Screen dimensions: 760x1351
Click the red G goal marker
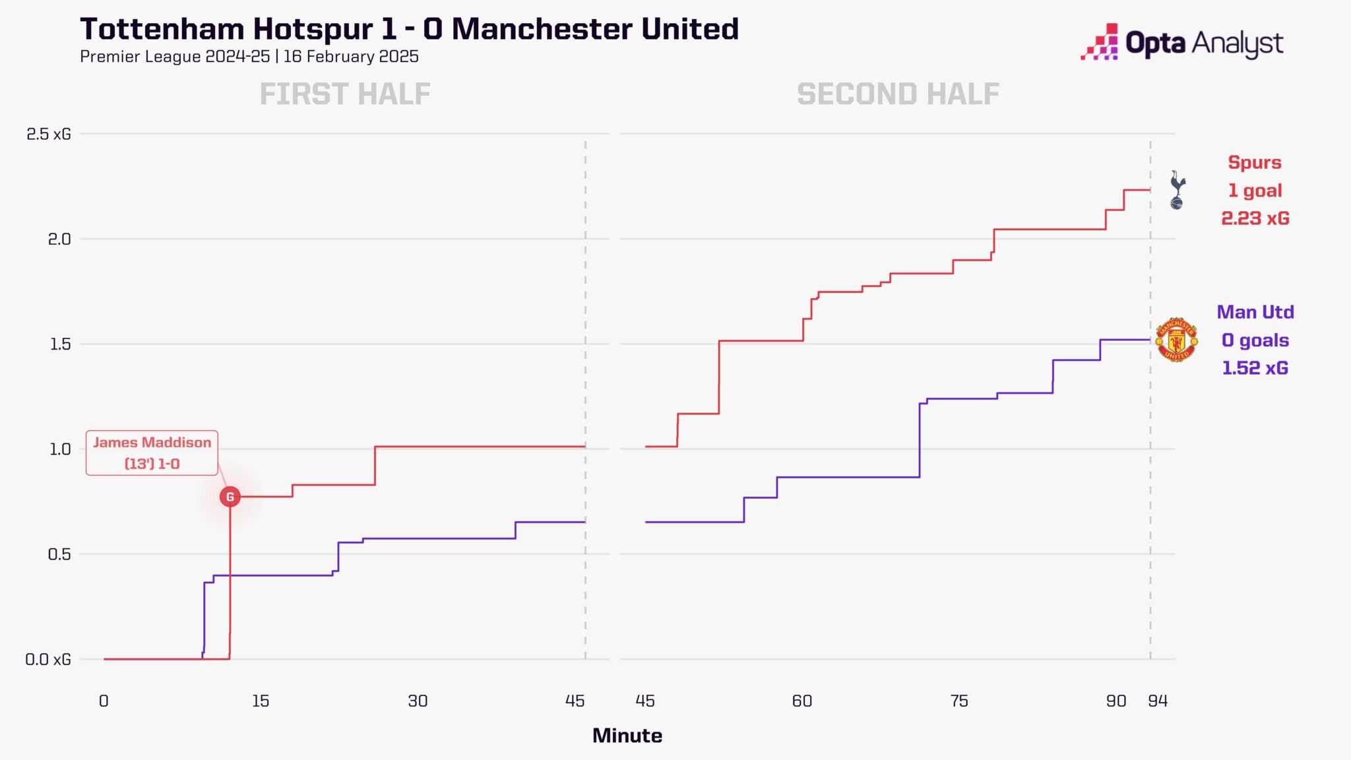(230, 497)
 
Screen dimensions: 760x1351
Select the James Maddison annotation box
(152, 453)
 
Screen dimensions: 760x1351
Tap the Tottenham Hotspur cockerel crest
(1177, 190)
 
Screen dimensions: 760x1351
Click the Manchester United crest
(1176, 340)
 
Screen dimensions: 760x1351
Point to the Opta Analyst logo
(1181, 43)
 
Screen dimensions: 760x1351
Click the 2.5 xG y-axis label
(48, 134)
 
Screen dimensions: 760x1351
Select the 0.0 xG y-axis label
(47, 659)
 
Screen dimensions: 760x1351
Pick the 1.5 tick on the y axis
(60, 344)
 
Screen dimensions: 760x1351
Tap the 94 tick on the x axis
(1158, 701)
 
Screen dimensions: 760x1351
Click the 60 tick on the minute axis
(801, 701)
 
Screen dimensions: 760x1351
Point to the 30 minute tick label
(418, 701)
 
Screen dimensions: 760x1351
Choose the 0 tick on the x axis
(104, 701)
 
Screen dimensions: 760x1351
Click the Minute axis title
(627, 736)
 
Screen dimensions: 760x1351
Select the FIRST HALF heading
(345, 94)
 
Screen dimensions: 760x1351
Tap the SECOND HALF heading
(898, 94)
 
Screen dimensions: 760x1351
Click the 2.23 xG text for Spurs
(1255, 218)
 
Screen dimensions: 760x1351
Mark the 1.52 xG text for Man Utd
(1255, 368)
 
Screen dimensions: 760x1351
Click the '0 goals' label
(1255, 340)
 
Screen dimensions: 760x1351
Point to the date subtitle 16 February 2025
(351, 57)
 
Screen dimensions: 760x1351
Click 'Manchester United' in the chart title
(595, 30)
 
